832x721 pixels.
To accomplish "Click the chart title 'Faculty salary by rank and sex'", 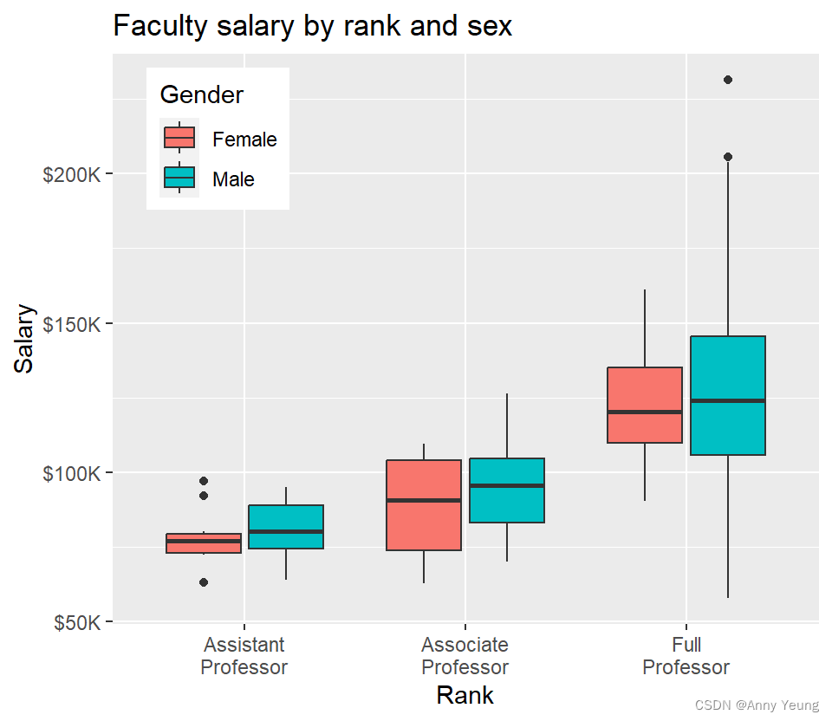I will click(x=312, y=26).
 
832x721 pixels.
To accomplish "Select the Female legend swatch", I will click(x=179, y=138).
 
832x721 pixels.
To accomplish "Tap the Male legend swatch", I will click(x=179, y=178).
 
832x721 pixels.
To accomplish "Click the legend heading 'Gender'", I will click(x=202, y=94).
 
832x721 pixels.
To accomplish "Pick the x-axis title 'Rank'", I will click(x=465, y=695).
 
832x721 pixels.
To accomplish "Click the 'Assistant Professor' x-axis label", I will click(x=244, y=656).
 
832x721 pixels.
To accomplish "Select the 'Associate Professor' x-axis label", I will click(x=465, y=656).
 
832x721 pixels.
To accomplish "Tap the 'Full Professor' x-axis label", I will click(x=686, y=656).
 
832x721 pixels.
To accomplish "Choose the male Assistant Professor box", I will click(x=285, y=527).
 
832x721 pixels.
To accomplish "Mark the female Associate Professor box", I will click(x=424, y=505).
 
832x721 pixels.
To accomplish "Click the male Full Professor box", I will click(x=727, y=395).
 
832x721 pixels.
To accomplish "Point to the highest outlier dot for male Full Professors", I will click(x=727, y=80).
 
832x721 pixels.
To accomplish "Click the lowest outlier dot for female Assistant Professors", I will click(x=203, y=582).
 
